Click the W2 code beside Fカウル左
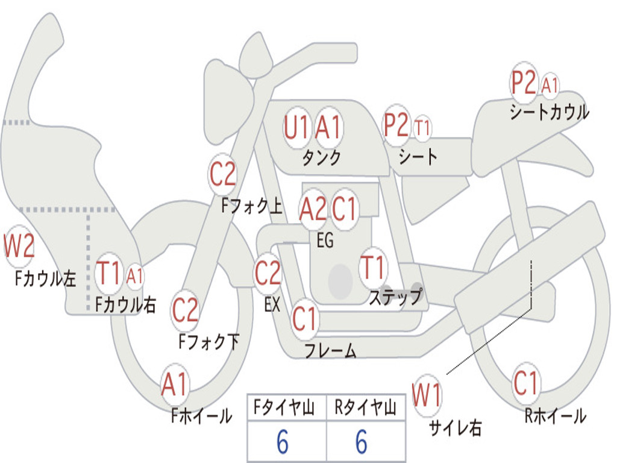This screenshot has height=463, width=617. pyautogui.click(x=19, y=245)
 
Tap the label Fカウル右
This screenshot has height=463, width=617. pyautogui.click(x=125, y=304)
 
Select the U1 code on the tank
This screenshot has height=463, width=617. pyautogui.click(x=296, y=127)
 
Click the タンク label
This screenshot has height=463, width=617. pyautogui.click(x=321, y=158)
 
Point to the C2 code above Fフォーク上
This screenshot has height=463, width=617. pyautogui.click(x=222, y=174)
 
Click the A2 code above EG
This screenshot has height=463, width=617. pyautogui.click(x=313, y=209)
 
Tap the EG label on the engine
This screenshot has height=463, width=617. pyautogui.click(x=325, y=240)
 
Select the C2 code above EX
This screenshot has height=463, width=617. pyautogui.click(x=268, y=273)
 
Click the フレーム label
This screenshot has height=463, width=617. pyautogui.click(x=331, y=350)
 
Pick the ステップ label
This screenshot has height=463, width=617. pyautogui.click(x=395, y=296)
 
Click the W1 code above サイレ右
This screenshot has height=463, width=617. pyautogui.click(x=427, y=395)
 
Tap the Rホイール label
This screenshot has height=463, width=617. pyautogui.click(x=555, y=416)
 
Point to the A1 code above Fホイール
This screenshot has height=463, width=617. pyautogui.click(x=174, y=384)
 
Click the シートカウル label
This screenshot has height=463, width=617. pyautogui.click(x=550, y=112)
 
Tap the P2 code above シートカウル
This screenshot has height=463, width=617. pyautogui.click(x=524, y=83)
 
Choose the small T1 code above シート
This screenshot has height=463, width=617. pyautogui.click(x=422, y=128)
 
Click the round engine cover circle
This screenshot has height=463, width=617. pyautogui.click(x=340, y=282)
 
